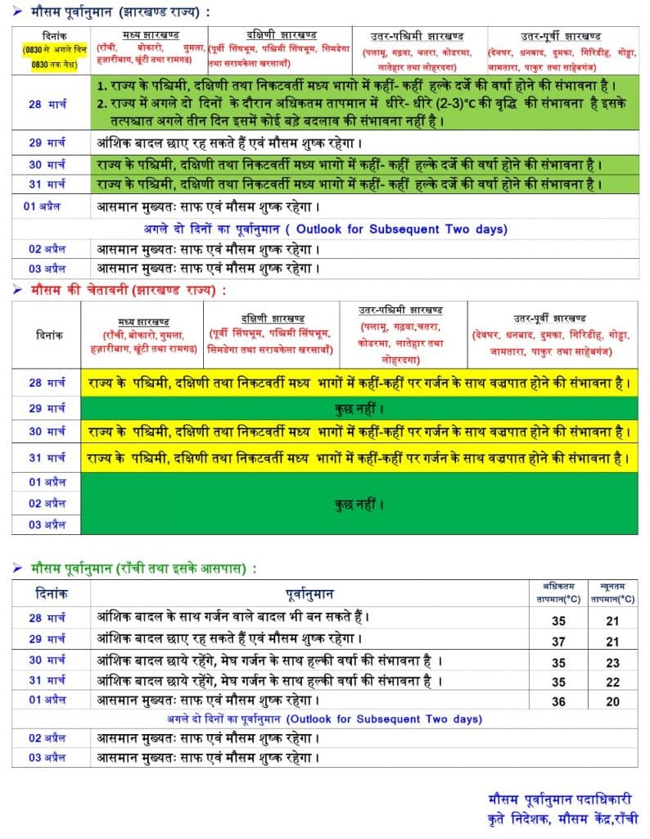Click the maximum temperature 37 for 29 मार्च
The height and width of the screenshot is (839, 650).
click(x=559, y=642)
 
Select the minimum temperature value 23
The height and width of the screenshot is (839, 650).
click(x=612, y=663)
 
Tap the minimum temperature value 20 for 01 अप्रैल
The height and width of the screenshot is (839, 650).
click(x=612, y=702)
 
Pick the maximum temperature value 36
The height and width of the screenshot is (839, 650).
click(x=559, y=702)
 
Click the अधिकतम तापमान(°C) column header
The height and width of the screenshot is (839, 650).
click(x=559, y=592)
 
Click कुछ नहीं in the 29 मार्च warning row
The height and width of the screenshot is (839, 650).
click(x=360, y=408)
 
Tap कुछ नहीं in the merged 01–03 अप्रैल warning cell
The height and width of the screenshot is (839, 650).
click(x=360, y=504)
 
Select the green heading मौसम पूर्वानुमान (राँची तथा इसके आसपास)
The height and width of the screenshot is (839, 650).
click(x=142, y=568)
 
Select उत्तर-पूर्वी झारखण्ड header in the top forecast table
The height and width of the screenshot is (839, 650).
click(x=560, y=36)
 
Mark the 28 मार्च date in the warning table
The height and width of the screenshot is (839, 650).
click(x=47, y=383)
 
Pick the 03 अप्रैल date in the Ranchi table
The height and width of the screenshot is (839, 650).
click(x=47, y=758)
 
